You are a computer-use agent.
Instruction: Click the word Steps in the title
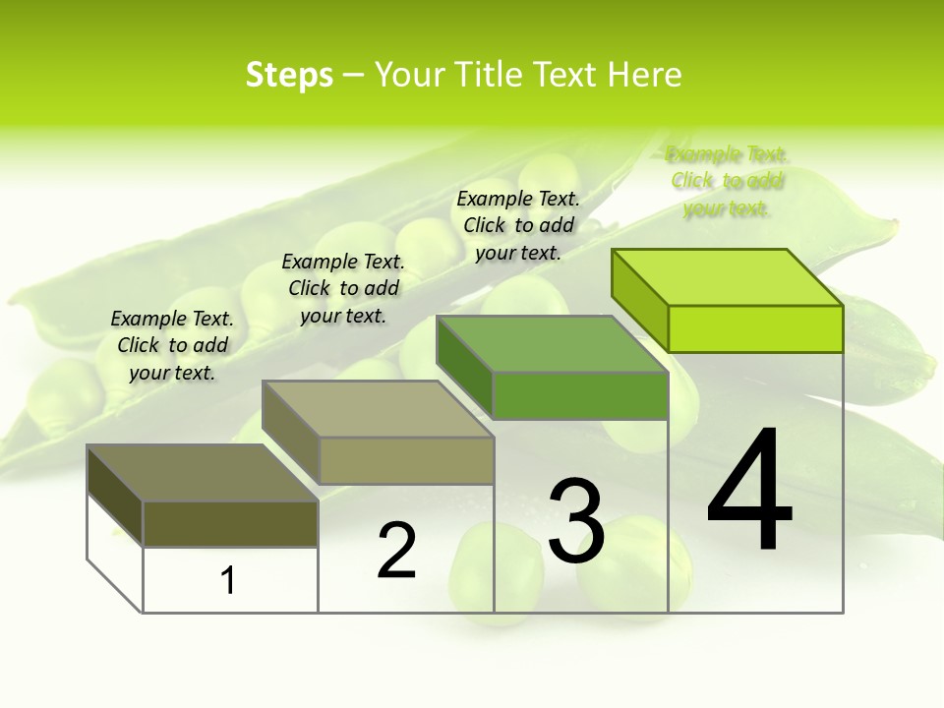(x=289, y=75)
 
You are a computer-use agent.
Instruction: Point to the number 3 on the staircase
(x=575, y=521)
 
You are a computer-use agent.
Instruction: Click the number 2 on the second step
(x=396, y=552)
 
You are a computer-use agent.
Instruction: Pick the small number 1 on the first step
(x=228, y=581)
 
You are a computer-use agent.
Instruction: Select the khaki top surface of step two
(x=378, y=409)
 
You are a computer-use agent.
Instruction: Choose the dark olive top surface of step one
(x=203, y=473)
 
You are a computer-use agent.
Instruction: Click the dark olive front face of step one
(x=230, y=524)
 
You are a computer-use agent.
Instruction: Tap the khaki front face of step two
(x=406, y=460)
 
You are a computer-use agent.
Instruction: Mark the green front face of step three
(x=580, y=395)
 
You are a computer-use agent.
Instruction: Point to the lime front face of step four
(x=755, y=328)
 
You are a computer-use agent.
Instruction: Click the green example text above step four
(x=727, y=181)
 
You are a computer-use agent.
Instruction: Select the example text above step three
(x=518, y=225)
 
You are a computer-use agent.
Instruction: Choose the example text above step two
(x=343, y=288)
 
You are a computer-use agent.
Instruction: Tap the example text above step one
(x=172, y=345)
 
